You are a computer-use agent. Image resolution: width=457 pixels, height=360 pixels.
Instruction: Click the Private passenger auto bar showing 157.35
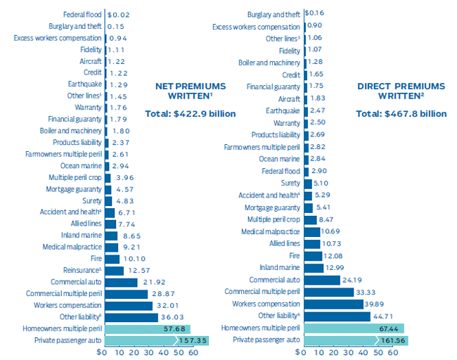(x=148, y=340)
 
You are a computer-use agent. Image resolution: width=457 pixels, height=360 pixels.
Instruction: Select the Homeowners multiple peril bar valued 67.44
(x=355, y=328)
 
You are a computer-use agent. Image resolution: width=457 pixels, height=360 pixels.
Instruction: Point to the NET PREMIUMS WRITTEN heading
(x=191, y=91)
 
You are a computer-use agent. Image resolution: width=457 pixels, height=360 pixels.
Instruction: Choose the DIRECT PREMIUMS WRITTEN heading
(x=401, y=91)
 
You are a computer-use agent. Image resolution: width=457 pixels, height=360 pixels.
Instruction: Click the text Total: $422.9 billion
(x=191, y=113)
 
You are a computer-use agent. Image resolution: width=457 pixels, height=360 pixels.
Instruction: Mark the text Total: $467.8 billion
(x=401, y=113)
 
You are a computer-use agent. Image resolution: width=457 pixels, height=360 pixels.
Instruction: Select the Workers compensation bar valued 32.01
(x=128, y=305)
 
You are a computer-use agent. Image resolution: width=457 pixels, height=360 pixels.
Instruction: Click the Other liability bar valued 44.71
(x=337, y=316)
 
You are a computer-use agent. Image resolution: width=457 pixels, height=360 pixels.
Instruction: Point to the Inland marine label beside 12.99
(x=281, y=267)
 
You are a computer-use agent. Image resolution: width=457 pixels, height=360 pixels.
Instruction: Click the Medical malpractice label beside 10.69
(x=271, y=231)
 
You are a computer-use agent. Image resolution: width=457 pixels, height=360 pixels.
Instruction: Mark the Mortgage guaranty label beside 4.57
(x=74, y=189)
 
